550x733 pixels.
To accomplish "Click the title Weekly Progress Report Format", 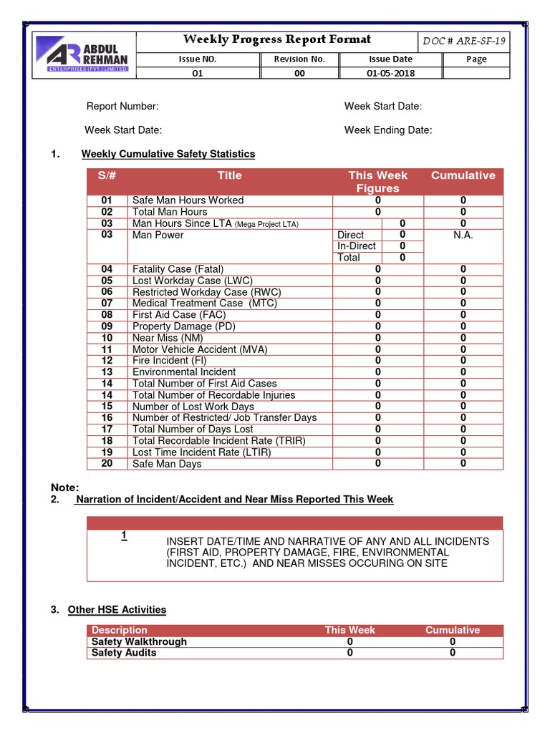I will [276, 39].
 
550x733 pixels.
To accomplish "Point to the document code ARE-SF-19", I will [464, 41].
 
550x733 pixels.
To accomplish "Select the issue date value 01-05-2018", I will [390, 73].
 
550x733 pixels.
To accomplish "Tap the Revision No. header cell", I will [299, 59].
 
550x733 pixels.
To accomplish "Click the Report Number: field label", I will [122, 107].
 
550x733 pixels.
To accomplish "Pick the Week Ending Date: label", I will [388, 130].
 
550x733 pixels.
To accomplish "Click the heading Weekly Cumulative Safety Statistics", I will [168, 154].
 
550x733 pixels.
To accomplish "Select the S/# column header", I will [107, 175].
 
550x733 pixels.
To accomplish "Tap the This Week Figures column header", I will [377, 182].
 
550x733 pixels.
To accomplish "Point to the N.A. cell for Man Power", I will [463, 235].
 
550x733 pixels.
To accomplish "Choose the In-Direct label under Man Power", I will [357, 246].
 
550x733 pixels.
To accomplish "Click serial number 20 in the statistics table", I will [107, 464].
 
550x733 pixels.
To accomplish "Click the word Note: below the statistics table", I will [65, 487].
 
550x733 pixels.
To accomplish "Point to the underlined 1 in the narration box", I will [124, 535].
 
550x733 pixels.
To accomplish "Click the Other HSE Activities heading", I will [117, 610].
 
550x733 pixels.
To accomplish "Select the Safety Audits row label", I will [124, 653].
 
